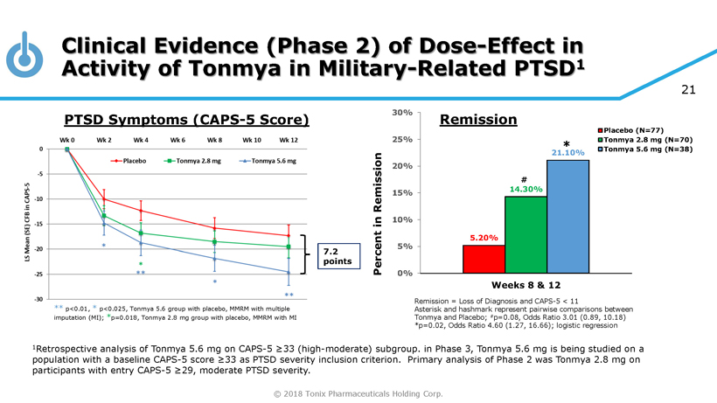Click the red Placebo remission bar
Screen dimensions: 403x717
tap(484, 259)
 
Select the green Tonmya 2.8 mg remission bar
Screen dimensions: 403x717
tap(526, 234)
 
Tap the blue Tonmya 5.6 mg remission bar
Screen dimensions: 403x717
tap(567, 216)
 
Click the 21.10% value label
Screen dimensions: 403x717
tap(567, 153)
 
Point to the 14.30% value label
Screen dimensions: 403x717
tap(526, 189)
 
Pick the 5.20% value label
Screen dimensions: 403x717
tap(484, 238)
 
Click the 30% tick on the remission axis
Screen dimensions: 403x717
tap(401, 113)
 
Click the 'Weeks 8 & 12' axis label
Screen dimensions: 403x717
tap(526, 285)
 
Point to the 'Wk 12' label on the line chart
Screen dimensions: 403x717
tap(289, 140)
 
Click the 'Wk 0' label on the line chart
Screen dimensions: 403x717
tap(67, 140)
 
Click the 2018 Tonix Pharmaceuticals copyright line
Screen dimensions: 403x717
tap(358, 393)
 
